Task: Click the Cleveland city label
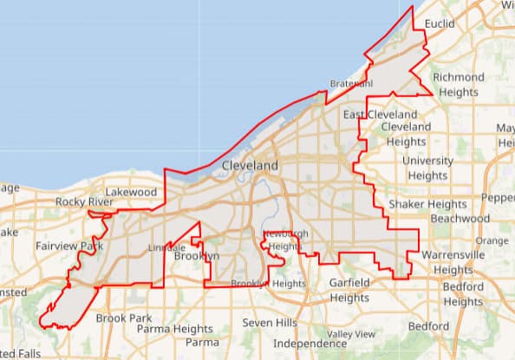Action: click(251, 165)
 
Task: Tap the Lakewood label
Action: click(131, 192)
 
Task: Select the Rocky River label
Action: click(84, 202)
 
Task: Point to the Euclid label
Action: click(440, 23)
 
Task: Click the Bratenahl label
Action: click(351, 84)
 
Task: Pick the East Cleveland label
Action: click(380, 115)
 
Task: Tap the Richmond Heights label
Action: click(459, 84)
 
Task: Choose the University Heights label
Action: click(428, 167)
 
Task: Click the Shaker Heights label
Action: click(427, 204)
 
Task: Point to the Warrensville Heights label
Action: click(453, 262)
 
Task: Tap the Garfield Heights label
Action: click(350, 290)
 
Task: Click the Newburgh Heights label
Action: click(285, 240)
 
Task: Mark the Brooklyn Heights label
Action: click(269, 284)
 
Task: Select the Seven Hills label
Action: click(270, 323)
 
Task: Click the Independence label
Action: click(298, 344)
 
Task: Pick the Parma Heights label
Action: click(175, 329)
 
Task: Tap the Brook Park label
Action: click(124, 318)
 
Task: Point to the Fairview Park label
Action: click(69, 246)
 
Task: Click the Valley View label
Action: click(351, 334)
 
